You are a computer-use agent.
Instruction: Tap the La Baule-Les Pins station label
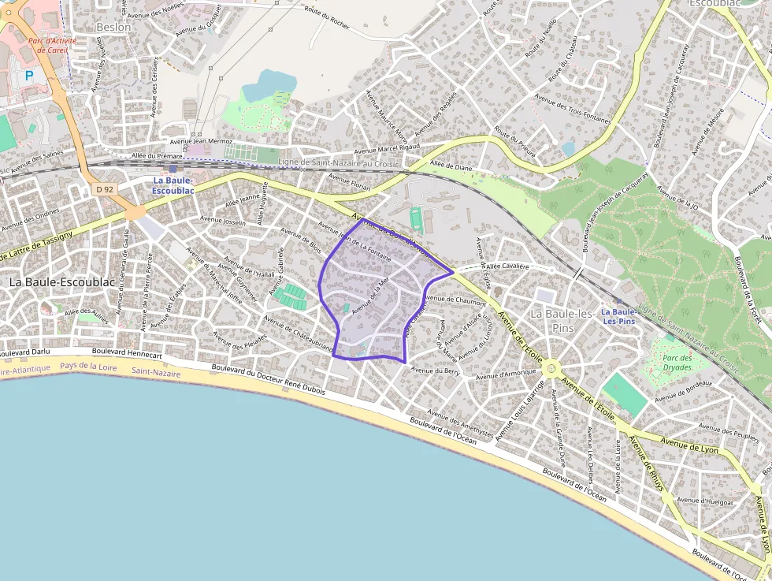click(619, 316)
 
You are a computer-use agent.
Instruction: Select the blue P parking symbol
click(29, 76)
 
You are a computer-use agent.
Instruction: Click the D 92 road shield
click(103, 189)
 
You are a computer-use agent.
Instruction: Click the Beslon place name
click(113, 27)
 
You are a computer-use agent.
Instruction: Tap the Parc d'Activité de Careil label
click(48, 45)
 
